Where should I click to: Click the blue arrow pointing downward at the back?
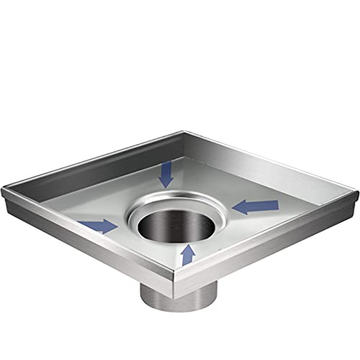click(x=166, y=174)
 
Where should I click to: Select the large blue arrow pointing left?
click(x=257, y=207)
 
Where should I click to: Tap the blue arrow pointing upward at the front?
click(x=188, y=253)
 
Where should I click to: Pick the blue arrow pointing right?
click(x=100, y=226)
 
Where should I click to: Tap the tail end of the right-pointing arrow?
click(x=83, y=224)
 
